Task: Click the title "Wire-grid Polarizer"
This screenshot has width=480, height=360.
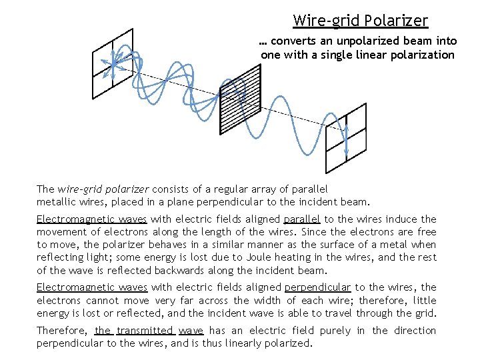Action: (360, 21)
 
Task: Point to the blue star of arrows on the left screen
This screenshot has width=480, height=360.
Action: (113, 65)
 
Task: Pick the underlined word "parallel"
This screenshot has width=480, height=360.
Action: (302, 219)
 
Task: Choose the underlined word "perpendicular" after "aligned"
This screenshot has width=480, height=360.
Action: (317, 287)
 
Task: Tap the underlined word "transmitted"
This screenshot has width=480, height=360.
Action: (145, 330)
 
